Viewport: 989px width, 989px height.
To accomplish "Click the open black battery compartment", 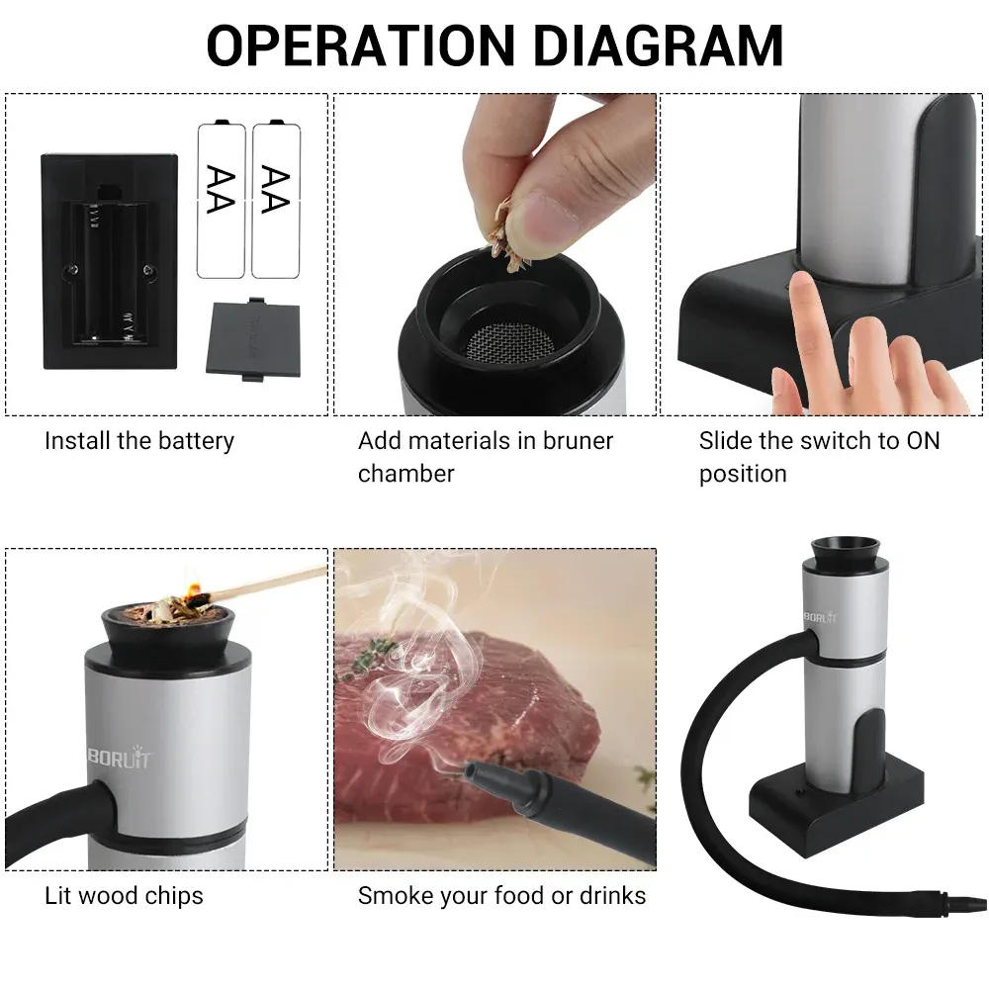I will [109, 260].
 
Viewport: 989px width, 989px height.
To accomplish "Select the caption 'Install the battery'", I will [139, 441].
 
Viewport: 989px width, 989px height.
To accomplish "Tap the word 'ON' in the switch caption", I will [923, 441].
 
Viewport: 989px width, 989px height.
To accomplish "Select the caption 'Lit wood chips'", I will [124, 896].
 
